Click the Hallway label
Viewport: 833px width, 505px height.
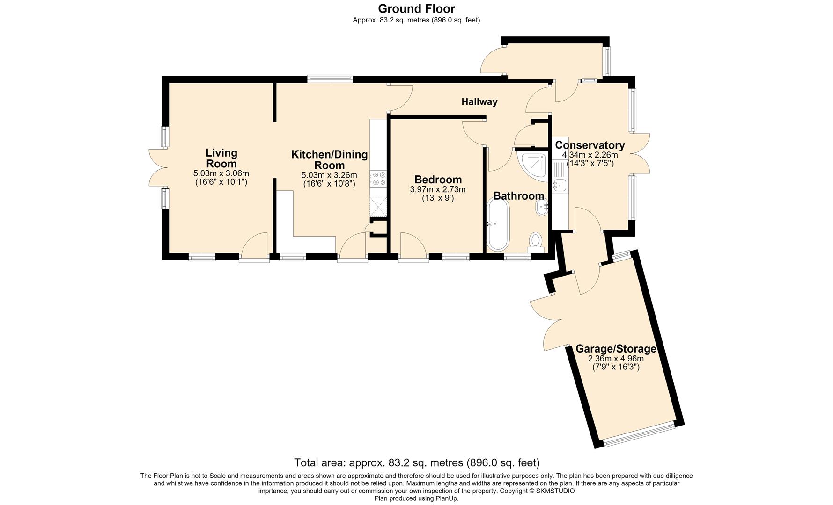pos(479,102)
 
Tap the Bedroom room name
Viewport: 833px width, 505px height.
pos(438,180)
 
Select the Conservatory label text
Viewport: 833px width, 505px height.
pos(590,145)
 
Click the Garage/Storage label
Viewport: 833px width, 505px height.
pos(615,349)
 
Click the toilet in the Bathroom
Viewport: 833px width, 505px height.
pos(535,242)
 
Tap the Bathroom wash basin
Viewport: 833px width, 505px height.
pos(544,206)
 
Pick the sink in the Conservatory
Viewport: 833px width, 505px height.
pos(560,185)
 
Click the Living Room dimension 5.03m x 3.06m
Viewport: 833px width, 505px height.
pos(221,173)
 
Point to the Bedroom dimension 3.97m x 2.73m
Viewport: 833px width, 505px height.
pos(438,189)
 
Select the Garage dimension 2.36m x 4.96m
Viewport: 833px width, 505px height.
pos(616,359)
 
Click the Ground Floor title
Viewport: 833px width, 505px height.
pos(416,8)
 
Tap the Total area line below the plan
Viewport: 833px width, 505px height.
pos(417,463)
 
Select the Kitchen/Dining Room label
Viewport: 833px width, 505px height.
pos(329,160)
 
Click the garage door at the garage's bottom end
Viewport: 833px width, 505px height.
pos(639,434)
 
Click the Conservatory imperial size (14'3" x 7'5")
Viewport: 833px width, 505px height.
pos(590,164)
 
